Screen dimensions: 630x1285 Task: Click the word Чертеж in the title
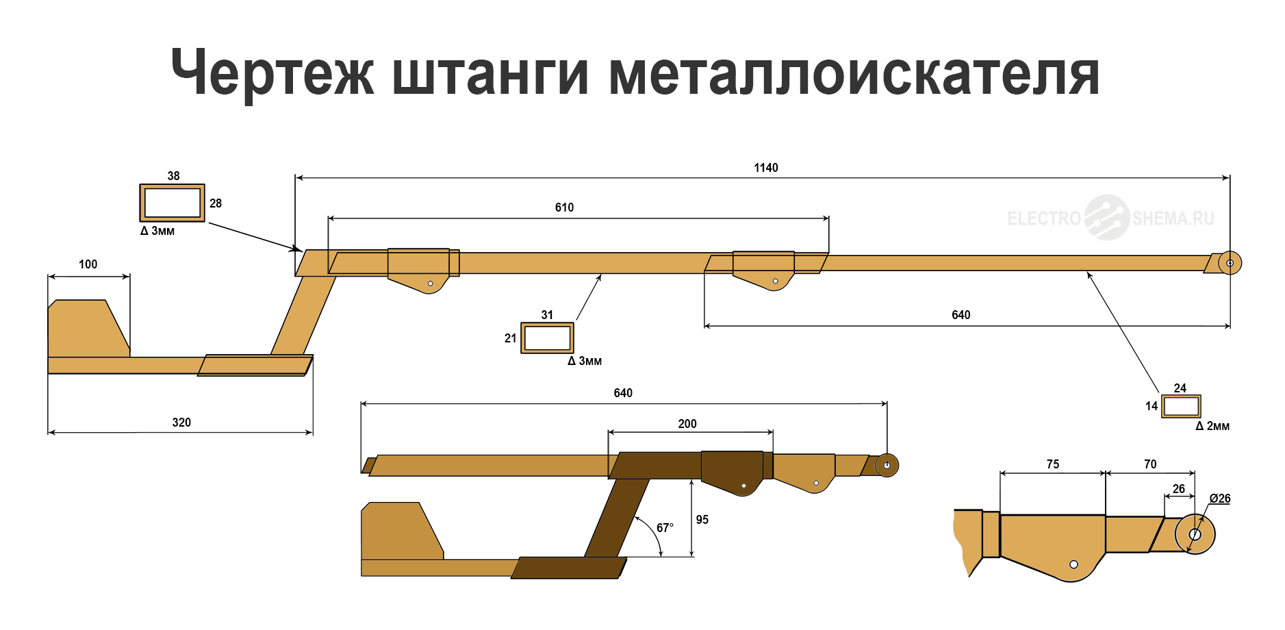[272, 73]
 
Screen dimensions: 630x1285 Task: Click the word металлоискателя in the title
[854, 73]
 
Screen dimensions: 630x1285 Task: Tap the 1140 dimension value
[765, 168]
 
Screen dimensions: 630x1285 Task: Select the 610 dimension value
[564, 207]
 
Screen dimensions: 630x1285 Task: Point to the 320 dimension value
[181, 423]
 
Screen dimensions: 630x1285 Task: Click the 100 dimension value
[88, 264]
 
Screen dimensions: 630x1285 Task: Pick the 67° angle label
[665, 528]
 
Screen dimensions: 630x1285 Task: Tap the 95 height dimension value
[702, 520]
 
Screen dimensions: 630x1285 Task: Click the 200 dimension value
[687, 424]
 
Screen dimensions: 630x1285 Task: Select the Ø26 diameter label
[1219, 499]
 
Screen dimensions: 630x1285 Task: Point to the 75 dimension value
[1052, 464]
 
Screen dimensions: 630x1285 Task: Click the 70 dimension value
[1150, 464]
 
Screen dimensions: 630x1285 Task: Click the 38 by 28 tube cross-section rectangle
[172, 203]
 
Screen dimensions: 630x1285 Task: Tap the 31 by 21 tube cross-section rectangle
[547, 338]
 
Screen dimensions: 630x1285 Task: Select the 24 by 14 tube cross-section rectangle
[1181, 406]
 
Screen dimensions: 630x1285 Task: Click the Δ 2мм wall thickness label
[1212, 426]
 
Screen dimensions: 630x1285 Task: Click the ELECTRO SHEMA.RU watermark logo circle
[1106, 218]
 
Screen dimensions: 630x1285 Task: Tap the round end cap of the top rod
[1230, 263]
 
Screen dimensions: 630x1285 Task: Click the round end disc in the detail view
[1195, 534]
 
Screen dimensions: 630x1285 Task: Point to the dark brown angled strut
[616, 518]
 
